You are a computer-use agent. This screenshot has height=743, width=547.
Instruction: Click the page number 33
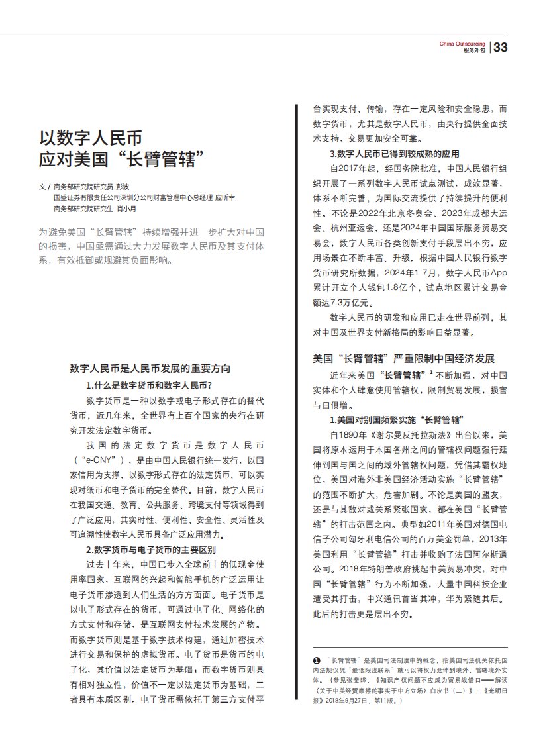(501, 47)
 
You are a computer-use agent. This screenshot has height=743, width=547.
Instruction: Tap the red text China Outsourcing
(463, 44)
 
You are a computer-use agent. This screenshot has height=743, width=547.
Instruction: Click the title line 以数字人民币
(91, 138)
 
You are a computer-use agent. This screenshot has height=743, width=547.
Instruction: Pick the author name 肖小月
(128, 208)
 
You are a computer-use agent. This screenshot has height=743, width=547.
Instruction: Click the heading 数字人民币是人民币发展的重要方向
(150, 368)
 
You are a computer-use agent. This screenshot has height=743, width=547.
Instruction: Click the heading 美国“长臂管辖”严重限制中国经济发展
(403, 358)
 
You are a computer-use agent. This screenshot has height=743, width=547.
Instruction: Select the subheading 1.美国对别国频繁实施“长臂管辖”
(396, 420)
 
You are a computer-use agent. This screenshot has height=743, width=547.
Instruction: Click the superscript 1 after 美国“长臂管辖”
(431, 373)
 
